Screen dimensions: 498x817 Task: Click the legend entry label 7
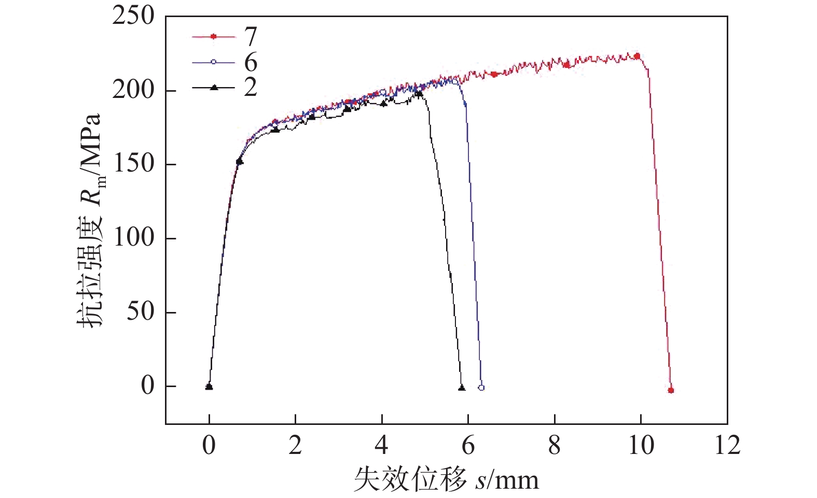click(251, 36)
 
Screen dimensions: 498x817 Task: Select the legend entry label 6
click(251, 62)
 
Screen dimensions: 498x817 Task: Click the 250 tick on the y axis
click(133, 16)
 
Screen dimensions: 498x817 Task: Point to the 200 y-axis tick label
click(133, 90)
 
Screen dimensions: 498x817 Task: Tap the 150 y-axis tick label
click(133, 164)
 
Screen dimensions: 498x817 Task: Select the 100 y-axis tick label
click(133, 238)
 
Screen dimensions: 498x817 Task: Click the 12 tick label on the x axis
click(727, 445)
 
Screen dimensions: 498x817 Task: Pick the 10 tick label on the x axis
click(641, 445)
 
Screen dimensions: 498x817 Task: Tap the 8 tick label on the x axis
click(555, 445)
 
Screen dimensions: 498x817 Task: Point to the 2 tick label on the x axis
click(295, 445)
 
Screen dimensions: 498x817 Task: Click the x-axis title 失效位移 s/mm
click(446, 479)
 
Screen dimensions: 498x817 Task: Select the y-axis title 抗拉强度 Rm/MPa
click(91, 220)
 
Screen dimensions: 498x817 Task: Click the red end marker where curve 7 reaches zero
click(671, 390)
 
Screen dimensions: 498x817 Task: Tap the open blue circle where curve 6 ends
click(481, 388)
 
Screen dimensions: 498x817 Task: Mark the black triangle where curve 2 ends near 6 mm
click(462, 388)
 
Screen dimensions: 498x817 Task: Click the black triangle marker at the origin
click(209, 386)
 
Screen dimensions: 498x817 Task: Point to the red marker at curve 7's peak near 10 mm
click(637, 56)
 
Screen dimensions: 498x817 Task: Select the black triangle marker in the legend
click(213, 88)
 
